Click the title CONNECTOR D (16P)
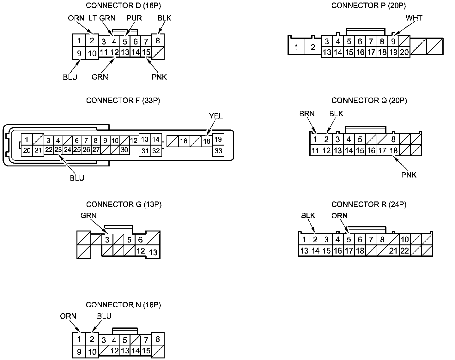(x=121, y=5)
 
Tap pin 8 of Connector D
(x=158, y=40)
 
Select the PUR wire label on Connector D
(x=134, y=18)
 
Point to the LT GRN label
(x=102, y=18)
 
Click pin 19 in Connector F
(x=218, y=139)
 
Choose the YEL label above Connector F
(x=216, y=116)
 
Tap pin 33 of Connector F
(x=218, y=151)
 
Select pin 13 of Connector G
(x=153, y=252)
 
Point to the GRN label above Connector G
(x=88, y=216)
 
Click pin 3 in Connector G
(x=107, y=240)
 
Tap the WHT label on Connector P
(x=414, y=18)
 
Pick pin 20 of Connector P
(x=404, y=52)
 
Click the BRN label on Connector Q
(x=307, y=114)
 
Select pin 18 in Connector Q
(x=393, y=150)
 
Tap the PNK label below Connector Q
(x=409, y=175)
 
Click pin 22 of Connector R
(x=405, y=251)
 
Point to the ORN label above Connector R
(x=339, y=216)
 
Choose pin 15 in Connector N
(x=146, y=351)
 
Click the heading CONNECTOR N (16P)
(x=123, y=305)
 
